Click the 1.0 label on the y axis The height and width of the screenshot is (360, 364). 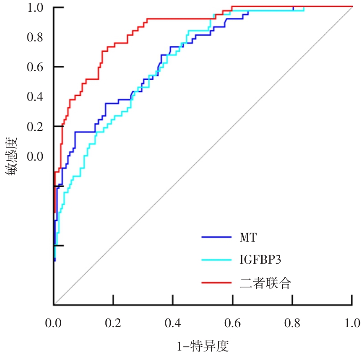(x=36, y=8)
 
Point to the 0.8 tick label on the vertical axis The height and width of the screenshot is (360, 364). (x=36, y=37)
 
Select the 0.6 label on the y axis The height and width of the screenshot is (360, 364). (x=36, y=67)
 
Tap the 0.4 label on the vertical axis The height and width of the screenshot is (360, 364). (x=36, y=97)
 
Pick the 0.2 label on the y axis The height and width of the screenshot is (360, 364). (x=36, y=127)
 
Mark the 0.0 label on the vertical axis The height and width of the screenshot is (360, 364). (x=36, y=157)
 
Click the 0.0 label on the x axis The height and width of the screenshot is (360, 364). (x=54, y=323)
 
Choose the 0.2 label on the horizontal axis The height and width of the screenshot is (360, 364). (x=113, y=323)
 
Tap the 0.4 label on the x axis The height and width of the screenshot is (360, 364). (x=173, y=323)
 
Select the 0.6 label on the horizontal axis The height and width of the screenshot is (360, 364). (x=232, y=323)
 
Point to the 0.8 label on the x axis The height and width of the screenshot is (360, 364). (x=292, y=323)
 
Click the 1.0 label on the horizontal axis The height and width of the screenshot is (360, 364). (x=352, y=323)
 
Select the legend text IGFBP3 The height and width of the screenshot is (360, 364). (x=258, y=260)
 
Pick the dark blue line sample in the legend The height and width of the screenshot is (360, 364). (x=216, y=236)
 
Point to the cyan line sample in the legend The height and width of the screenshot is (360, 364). (x=216, y=260)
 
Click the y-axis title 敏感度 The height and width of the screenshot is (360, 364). (x=13, y=156)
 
